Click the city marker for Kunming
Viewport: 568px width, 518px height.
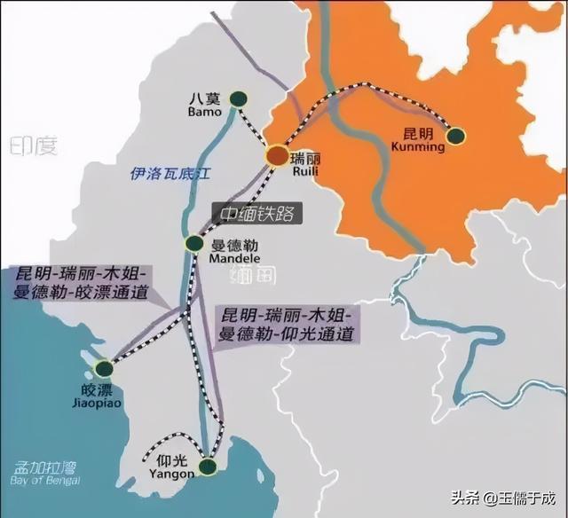pos(455,136)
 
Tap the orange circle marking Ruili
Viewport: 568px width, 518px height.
pos(277,155)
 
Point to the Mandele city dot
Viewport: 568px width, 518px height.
pos(194,242)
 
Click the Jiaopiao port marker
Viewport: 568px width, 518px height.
pos(104,367)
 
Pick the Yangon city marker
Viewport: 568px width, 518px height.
pos(208,466)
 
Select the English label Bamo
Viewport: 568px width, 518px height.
pos(203,114)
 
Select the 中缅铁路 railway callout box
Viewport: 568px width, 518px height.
pos(255,213)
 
